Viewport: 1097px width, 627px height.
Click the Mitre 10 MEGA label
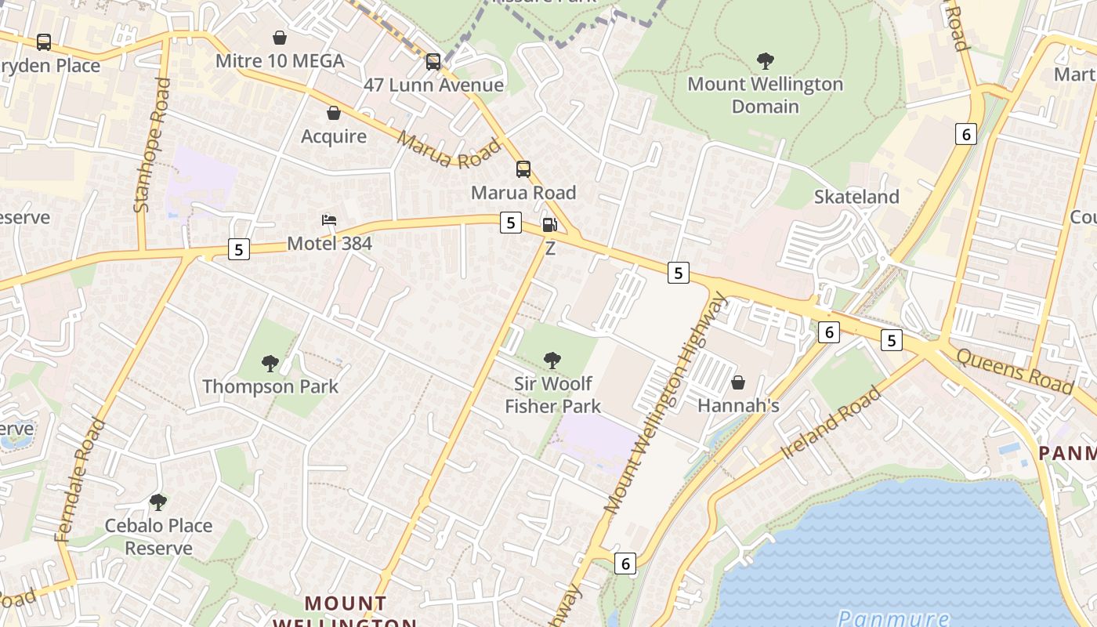[x=280, y=61]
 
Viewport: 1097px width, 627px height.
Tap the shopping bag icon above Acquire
[x=334, y=113]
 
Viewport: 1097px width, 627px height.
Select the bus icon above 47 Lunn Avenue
[x=433, y=61]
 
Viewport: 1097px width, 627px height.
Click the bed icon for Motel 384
[x=329, y=220]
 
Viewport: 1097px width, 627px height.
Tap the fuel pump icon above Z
[x=550, y=226]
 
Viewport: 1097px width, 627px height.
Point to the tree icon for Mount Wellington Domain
[x=766, y=60]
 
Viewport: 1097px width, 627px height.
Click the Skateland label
[x=856, y=197]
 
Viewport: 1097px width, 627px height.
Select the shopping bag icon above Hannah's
[x=738, y=382]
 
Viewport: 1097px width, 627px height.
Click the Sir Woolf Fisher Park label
[x=552, y=394]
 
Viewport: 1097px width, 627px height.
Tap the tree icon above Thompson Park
[x=270, y=363]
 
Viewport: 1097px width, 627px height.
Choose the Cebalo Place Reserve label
[x=159, y=536]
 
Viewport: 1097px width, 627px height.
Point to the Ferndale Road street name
[x=80, y=480]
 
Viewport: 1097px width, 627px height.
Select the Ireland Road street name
[x=831, y=423]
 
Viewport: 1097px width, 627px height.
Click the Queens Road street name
[x=1015, y=370]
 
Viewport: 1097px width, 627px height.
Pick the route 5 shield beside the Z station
[x=511, y=223]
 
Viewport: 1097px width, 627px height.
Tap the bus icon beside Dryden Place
[x=44, y=42]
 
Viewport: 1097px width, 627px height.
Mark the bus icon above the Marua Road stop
[x=523, y=169]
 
